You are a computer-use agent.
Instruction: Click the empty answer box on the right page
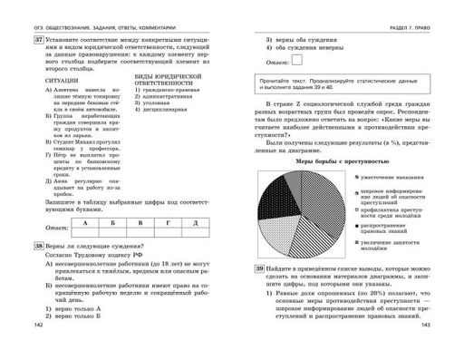[298, 62]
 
